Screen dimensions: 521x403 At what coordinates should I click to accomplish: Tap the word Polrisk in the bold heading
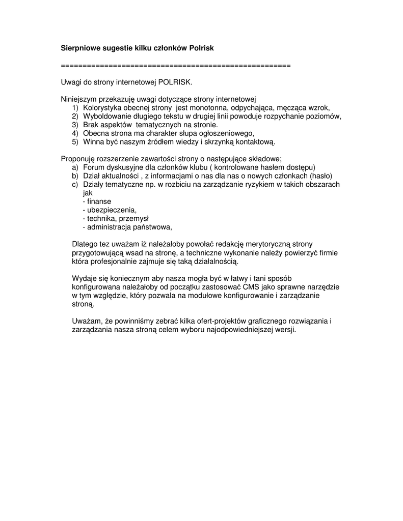point(201,48)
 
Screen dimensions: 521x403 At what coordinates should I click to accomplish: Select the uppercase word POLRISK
point(175,81)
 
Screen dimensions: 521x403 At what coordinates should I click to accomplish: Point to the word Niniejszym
point(77,99)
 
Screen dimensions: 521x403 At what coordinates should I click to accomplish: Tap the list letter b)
point(75,176)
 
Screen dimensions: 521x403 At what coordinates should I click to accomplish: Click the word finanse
point(99,201)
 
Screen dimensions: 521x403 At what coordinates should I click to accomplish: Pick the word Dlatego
point(85,244)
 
